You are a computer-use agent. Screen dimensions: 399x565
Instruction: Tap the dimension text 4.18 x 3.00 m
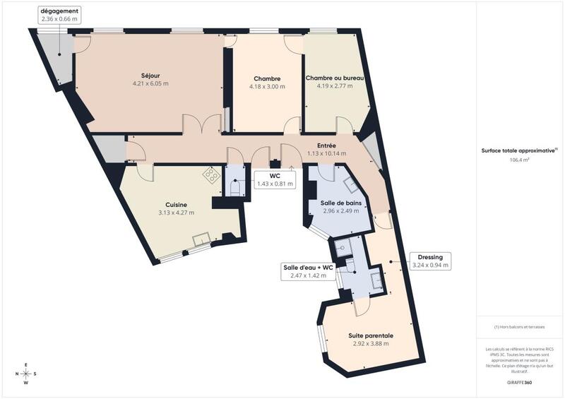pyautogui.click(x=267, y=87)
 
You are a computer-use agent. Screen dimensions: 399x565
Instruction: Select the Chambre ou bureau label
pyautogui.click(x=334, y=78)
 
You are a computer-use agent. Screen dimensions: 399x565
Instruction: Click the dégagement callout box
pyautogui.click(x=60, y=16)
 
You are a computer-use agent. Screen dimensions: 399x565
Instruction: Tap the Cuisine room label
pyautogui.click(x=176, y=204)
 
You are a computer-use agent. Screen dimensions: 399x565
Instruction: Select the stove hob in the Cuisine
pyautogui.click(x=211, y=175)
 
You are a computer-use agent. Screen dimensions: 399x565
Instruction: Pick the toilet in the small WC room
pyautogui.click(x=235, y=186)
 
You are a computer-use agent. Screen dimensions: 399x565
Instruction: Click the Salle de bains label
pyautogui.click(x=342, y=203)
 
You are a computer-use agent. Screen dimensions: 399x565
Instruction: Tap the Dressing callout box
pyautogui.click(x=430, y=261)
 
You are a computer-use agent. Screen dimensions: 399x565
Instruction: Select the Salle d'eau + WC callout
pyautogui.click(x=308, y=271)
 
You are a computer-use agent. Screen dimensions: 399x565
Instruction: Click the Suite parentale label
pyautogui.click(x=371, y=335)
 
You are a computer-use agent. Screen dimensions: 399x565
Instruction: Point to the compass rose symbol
pyautogui.click(x=25, y=374)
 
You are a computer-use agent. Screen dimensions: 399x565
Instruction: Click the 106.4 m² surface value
pyautogui.click(x=520, y=160)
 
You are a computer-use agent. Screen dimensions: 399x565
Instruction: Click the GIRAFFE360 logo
pyautogui.click(x=519, y=381)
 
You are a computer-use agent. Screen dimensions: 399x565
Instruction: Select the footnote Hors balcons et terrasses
pyautogui.click(x=520, y=327)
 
